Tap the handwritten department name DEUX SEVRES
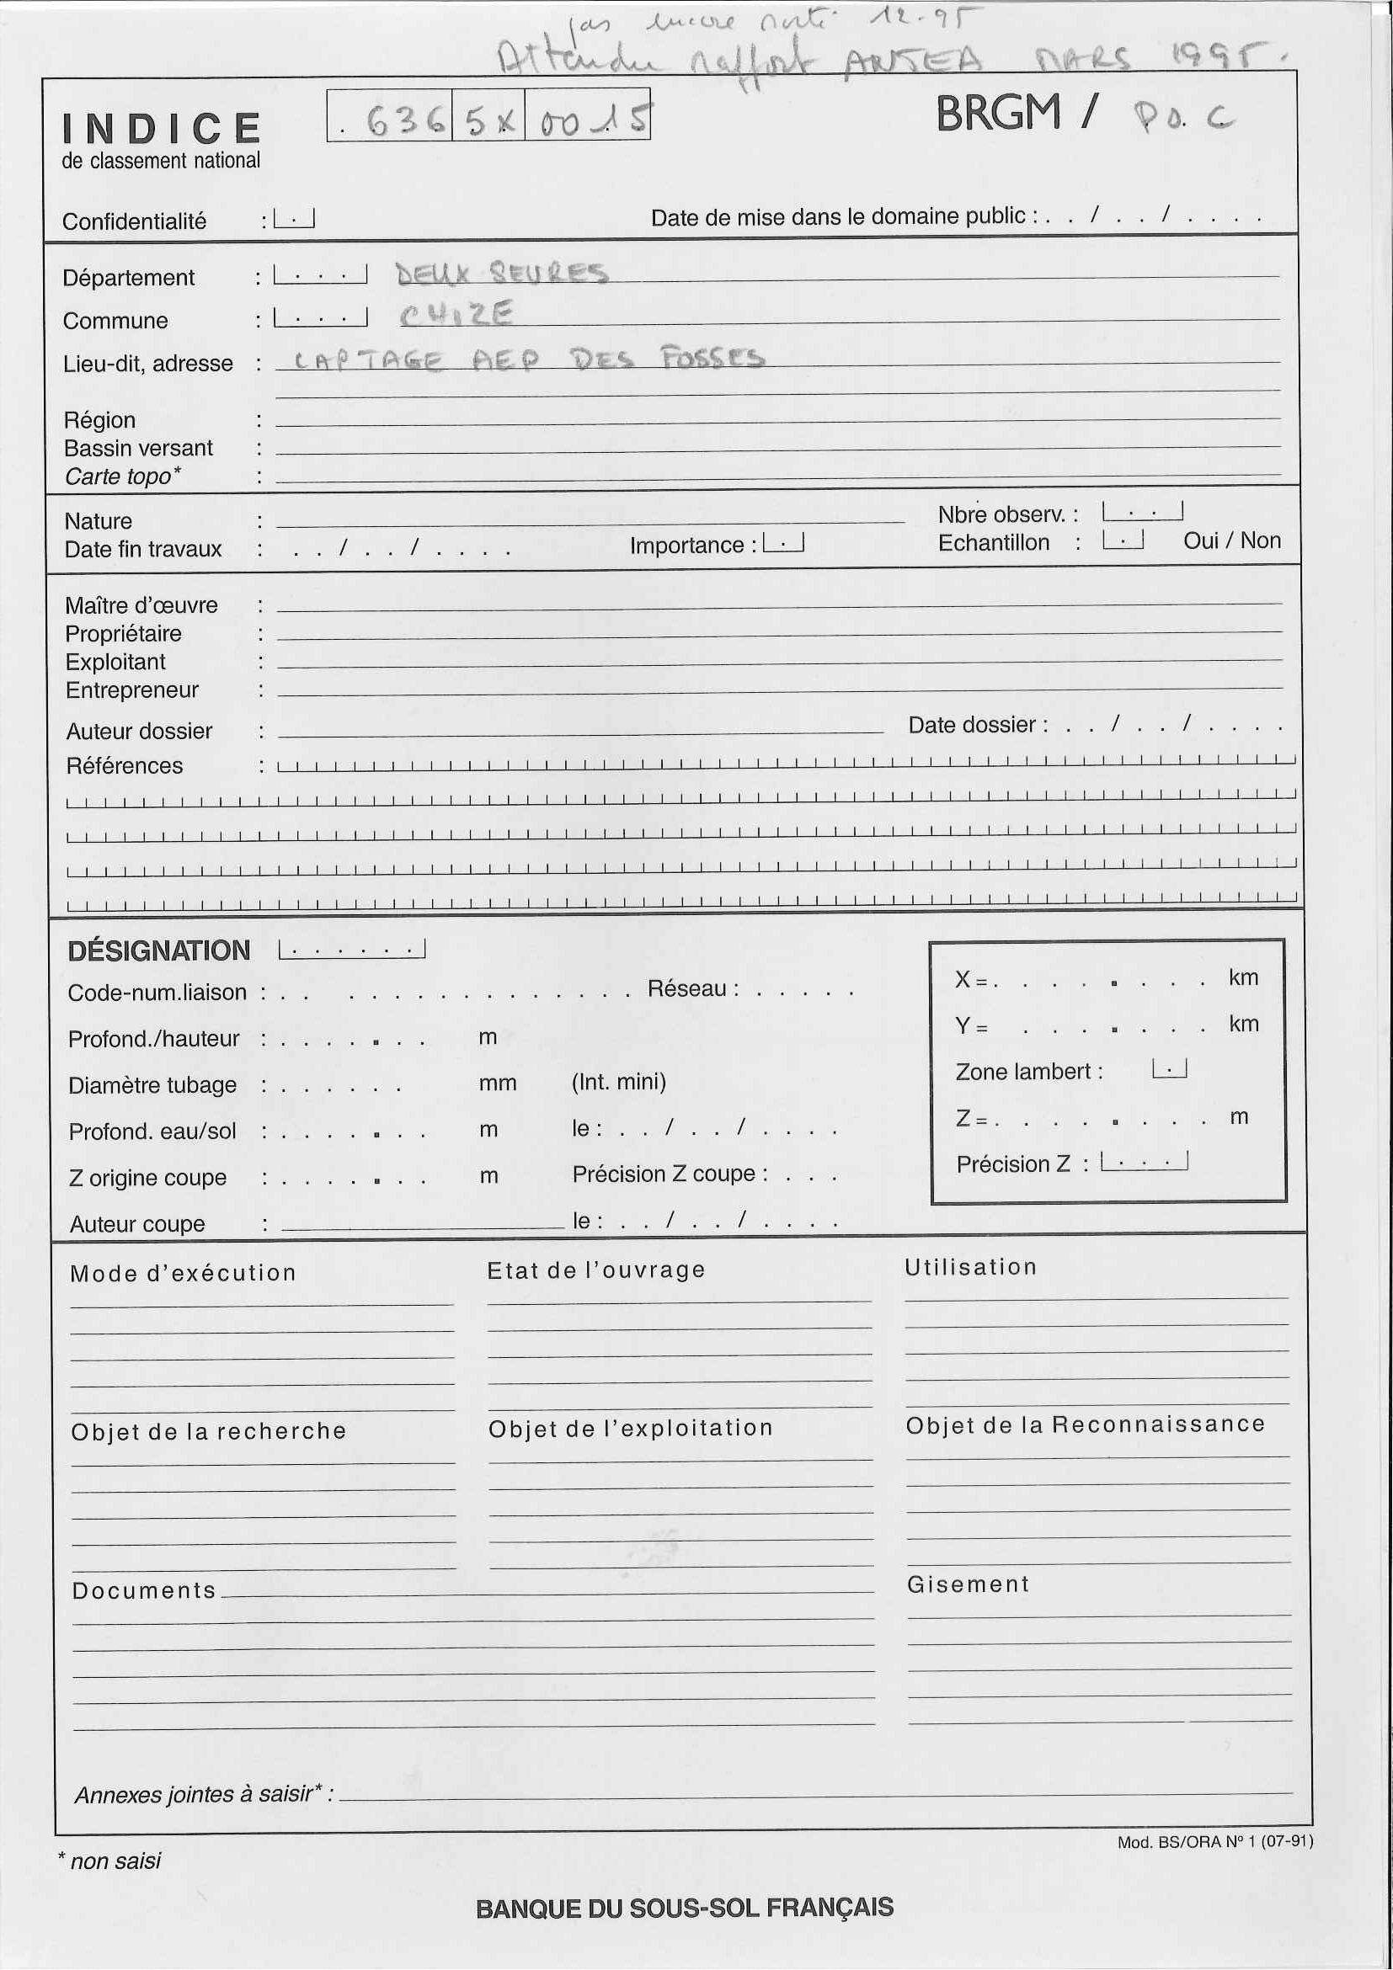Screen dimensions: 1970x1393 [501, 274]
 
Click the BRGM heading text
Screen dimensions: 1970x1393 [997, 114]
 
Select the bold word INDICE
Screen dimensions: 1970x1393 [162, 130]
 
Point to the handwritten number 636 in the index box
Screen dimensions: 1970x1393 [403, 121]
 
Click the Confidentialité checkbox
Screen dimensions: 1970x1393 [294, 220]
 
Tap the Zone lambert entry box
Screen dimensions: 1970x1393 [1169, 1069]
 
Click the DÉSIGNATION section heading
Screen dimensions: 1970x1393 [159, 950]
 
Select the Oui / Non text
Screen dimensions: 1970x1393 [1231, 540]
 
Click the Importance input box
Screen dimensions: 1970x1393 [782, 543]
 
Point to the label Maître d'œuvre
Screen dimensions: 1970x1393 [141, 606]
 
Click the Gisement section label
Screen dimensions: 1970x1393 [968, 1584]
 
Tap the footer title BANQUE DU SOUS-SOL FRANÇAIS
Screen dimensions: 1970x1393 [684, 1908]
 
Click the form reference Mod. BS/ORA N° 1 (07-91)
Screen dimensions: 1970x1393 [1214, 1841]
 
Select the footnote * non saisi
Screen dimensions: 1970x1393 [109, 1861]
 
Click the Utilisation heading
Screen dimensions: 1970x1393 [971, 1267]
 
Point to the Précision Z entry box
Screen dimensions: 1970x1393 [1144, 1162]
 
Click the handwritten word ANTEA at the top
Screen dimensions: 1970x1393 [912, 61]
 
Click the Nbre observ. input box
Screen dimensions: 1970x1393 [1142, 512]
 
